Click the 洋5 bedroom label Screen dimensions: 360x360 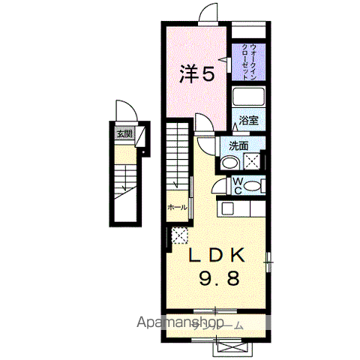[x=198, y=73]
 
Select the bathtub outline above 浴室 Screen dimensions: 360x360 [x=249, y=98]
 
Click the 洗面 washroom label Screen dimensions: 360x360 [x=239, y=145]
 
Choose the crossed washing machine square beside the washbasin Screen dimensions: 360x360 [x=252, y=160]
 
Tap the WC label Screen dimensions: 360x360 [x=237, y=184]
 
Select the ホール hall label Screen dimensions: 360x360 [x=177, y=206]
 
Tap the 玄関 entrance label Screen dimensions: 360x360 [x=124, y=134]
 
